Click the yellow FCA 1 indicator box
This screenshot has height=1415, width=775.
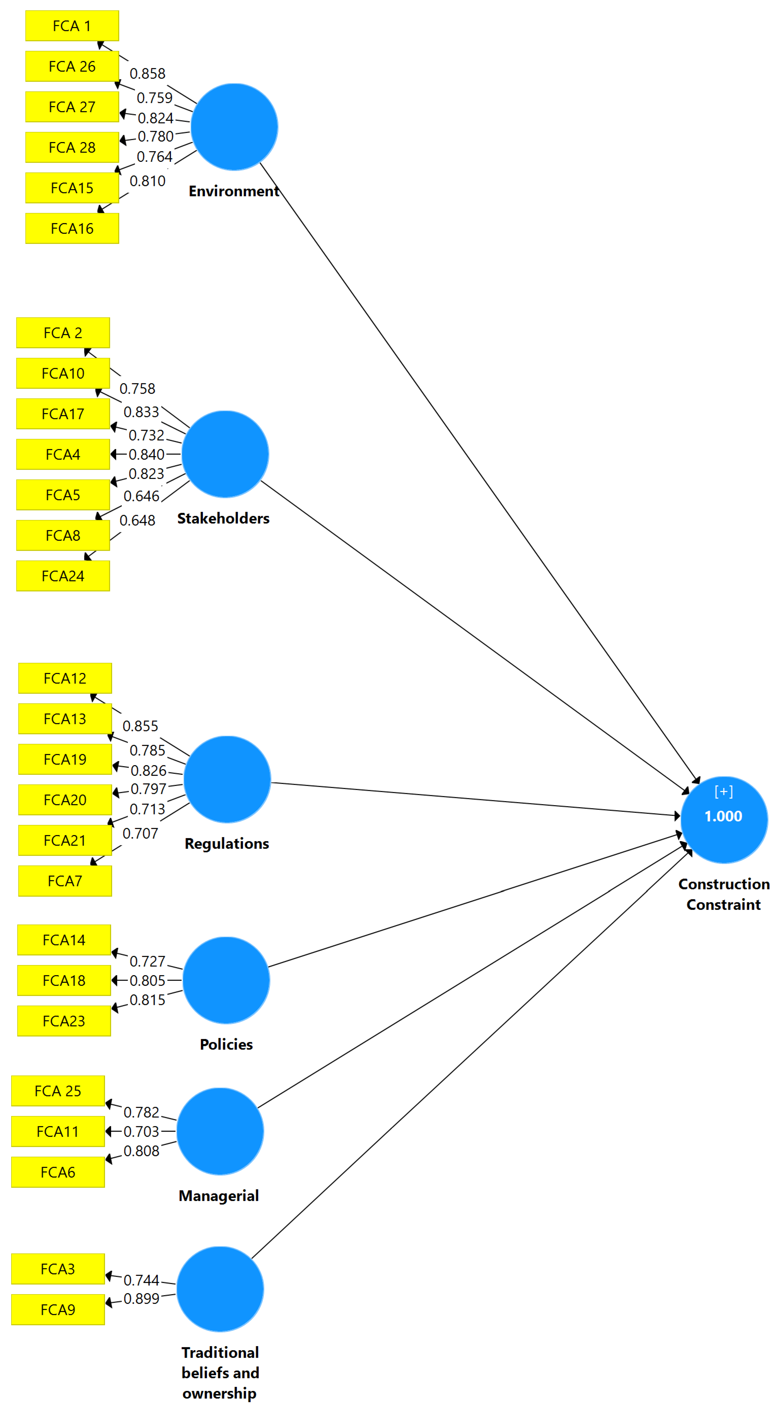click(72, 26)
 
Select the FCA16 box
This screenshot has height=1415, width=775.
click(72, 228)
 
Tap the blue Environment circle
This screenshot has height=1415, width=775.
click(234, 127)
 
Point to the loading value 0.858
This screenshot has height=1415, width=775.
click(147, 74)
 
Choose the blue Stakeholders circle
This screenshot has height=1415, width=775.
click(225, 454)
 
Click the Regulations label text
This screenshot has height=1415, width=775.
click(227, 844)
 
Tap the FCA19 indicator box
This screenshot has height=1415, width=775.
click(65, 760)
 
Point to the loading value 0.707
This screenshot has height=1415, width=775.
click(140, 834)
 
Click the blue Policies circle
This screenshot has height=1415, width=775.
click(226, 981)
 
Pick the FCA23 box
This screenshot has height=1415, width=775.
click(64, 1021)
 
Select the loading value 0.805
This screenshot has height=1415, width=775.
click(147, 981)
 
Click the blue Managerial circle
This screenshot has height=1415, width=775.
click(220, 1131)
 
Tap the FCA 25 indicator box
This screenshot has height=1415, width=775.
click(58, 1091)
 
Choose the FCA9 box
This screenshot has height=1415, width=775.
click(58, 1310)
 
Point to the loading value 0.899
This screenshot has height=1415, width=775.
click(141, 1298)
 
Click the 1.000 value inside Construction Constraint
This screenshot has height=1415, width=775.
click(723, 816)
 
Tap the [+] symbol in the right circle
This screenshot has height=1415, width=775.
click(723, 791)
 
